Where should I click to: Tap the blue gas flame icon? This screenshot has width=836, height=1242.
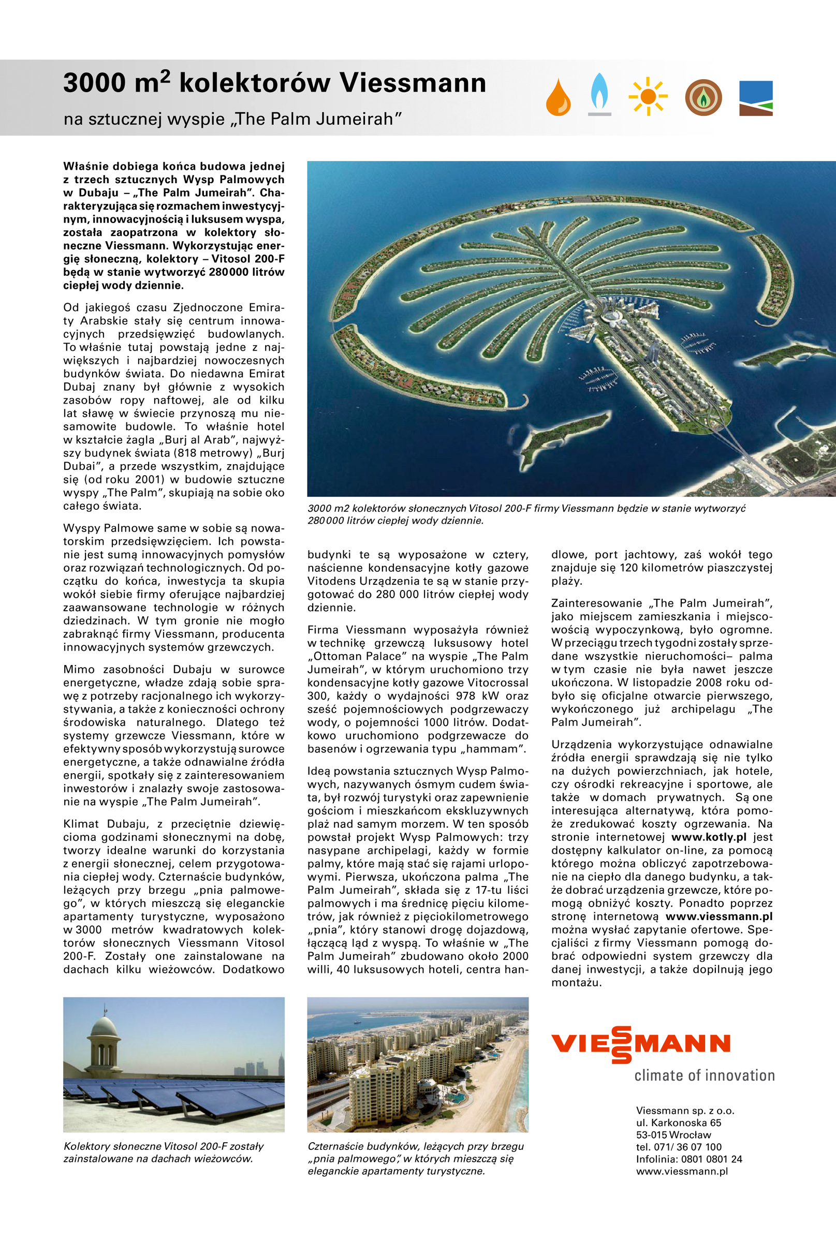pyautogui.click(x=599, y=93)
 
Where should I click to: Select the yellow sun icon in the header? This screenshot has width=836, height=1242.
pyautogui.click(x=648, y=96)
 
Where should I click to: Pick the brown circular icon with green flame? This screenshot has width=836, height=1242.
pyautogui.click(x=703, y=97)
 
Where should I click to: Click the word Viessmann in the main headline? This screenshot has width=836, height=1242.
pyautogui.click(x=413, y=83)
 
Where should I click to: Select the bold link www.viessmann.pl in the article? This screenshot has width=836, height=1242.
pyautogui.click(x=718, y=916)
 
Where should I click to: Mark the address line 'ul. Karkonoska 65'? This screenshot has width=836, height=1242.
pyautogui.click(x=678, y=1122)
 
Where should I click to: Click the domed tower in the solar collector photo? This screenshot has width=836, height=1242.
pyautogui.click(x=104, y=1037)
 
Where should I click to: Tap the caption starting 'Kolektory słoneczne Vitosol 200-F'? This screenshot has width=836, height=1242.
pyautogui.click(x=163, y=1152)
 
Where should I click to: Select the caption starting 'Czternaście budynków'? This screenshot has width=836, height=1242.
pyautogui.click(x=415, y=1158)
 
